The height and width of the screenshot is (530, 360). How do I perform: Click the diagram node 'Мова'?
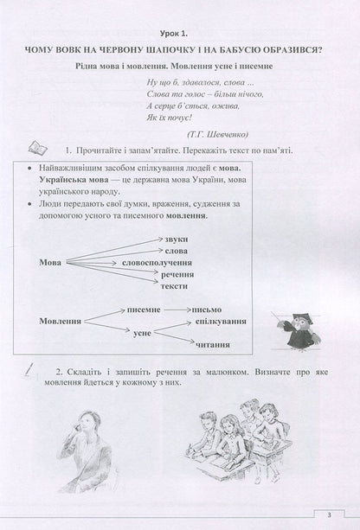(53, 260)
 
